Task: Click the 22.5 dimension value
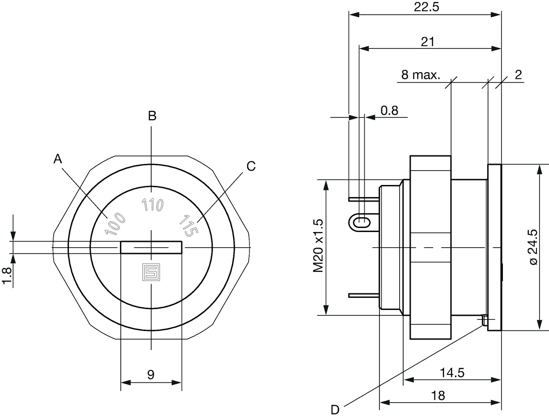tap(426, 7)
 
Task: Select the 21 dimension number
tap(427, 42)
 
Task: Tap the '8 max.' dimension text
tap(421, 75)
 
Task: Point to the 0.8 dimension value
tap(389, 110)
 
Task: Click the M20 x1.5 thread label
tap(319, 245)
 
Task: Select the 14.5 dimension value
tap(452, 380)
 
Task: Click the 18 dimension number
tap(438, 403)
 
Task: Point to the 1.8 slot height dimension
tap(7, 276)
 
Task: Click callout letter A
tap(58, 159)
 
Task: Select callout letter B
tap(152, 116)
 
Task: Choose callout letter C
tap(251, 166)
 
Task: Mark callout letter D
tap(335, 410)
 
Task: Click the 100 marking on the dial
tap(115, 224)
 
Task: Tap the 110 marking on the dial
tap(153, 205)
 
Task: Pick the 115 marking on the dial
tap(188, 226)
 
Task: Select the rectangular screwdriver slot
tap(151, 247)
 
